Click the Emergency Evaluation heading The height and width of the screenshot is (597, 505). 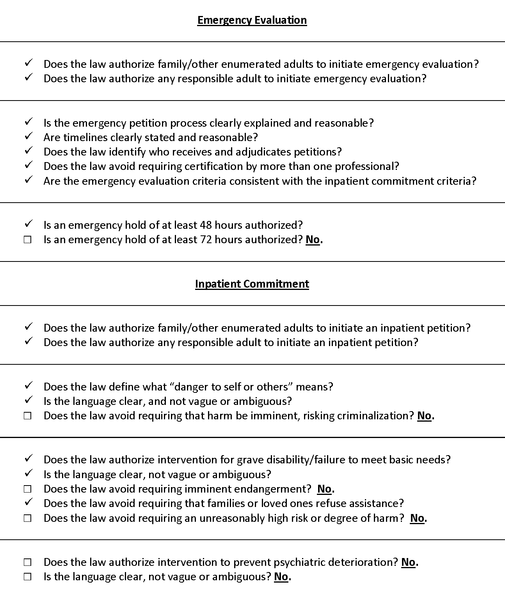coord(252,20)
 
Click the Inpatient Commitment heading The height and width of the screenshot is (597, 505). coord(252,284)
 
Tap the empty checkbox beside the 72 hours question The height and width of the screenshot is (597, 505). coord(28,240)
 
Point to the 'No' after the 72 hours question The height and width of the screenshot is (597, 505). coord(313,240)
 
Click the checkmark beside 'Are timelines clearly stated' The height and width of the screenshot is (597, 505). coord(28,136)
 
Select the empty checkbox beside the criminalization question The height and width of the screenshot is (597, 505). coord(28,416)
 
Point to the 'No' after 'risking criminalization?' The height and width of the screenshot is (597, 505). coord(424,416)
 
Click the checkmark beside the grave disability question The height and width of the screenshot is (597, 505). coord(28,459)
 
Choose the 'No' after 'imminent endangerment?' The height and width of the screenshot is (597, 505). coord(324,489)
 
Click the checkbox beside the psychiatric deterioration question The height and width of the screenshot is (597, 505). coord(28,562)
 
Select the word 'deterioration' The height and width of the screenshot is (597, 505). coord(362,562)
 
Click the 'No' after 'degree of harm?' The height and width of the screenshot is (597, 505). coord(417,518)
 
